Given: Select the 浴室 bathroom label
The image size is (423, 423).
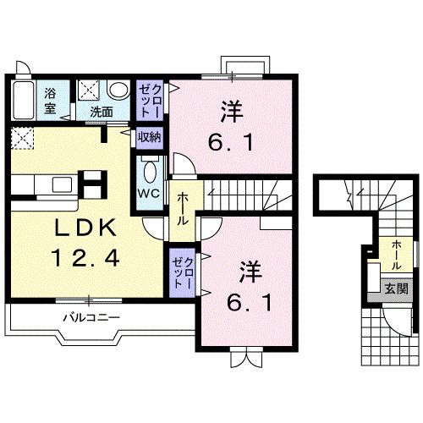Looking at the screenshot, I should click(51, 100).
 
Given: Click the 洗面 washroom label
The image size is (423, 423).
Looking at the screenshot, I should click(102, 111).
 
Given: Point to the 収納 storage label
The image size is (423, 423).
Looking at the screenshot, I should click(150, 136).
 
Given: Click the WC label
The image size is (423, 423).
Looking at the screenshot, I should click(149, 191).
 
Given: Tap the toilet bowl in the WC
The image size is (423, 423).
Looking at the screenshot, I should click(150, 171).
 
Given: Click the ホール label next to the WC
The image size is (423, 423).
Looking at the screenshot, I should click(183, 207).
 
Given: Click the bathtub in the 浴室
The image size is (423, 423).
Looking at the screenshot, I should click(23, 102).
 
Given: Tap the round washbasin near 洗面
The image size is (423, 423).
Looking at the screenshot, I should click(118, 90).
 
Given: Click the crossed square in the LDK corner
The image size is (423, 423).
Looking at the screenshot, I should click(23, 138).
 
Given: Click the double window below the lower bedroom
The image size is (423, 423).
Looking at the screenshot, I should click(242, 359).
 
